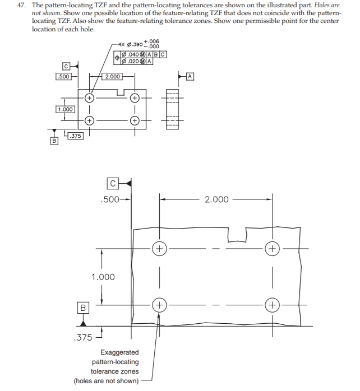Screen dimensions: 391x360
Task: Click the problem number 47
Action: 20,4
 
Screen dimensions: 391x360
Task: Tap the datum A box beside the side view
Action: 190,75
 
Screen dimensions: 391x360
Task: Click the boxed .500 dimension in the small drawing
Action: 64,76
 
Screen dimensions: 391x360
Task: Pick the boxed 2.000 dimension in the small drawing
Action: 112,76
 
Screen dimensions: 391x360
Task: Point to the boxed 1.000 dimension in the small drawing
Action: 64,109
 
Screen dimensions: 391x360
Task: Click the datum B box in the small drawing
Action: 54,141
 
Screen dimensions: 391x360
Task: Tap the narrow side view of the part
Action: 172,109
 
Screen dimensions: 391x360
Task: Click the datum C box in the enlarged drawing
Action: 113,183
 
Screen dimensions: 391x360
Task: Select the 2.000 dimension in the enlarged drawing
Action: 216,199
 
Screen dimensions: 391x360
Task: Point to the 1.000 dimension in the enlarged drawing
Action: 103,277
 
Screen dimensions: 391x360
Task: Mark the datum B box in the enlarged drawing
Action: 83,307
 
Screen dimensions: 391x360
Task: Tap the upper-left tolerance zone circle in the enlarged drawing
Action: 160,248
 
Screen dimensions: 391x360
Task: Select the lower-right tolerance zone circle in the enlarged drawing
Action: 273,305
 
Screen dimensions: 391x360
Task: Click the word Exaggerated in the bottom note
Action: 119,352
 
